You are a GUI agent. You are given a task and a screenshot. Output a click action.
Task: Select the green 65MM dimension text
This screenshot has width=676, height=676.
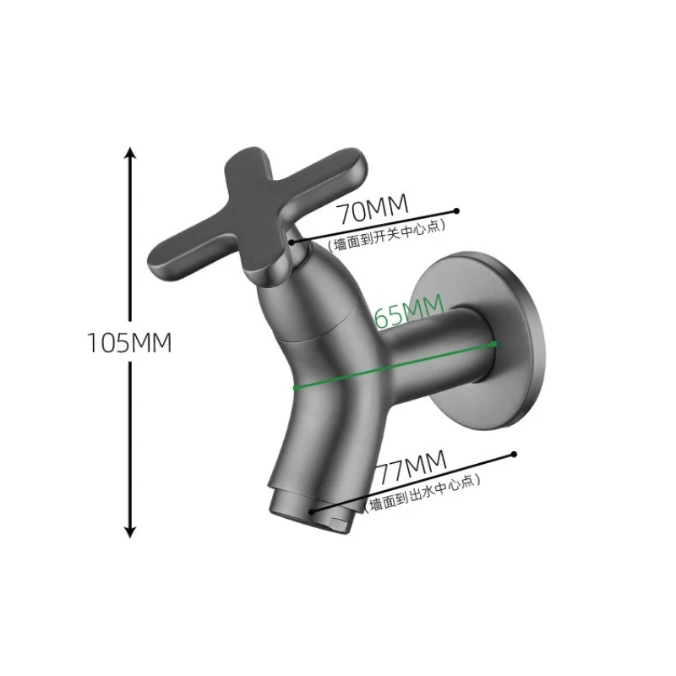pos(409,315)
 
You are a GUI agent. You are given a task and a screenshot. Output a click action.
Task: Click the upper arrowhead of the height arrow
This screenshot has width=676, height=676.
pos(129,153)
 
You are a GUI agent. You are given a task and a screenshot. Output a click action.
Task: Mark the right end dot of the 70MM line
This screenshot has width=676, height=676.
pos(456,210)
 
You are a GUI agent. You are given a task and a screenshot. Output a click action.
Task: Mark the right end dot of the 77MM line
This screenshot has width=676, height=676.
pos(512,455)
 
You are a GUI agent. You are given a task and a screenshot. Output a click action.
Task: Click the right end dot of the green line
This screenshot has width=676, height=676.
pos(494,344)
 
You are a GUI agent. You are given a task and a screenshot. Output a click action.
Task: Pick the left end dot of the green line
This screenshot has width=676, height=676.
pos(294,388)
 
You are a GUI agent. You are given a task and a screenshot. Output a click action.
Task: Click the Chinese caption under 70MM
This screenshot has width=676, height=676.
pos(385,235)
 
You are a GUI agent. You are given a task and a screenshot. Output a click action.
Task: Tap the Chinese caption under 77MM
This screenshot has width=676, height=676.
pos(422,493)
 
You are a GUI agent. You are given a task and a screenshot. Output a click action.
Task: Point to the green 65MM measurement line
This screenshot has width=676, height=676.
pos(393,366)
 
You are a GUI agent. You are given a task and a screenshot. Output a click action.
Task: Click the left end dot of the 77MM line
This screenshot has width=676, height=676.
pos(313,510)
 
